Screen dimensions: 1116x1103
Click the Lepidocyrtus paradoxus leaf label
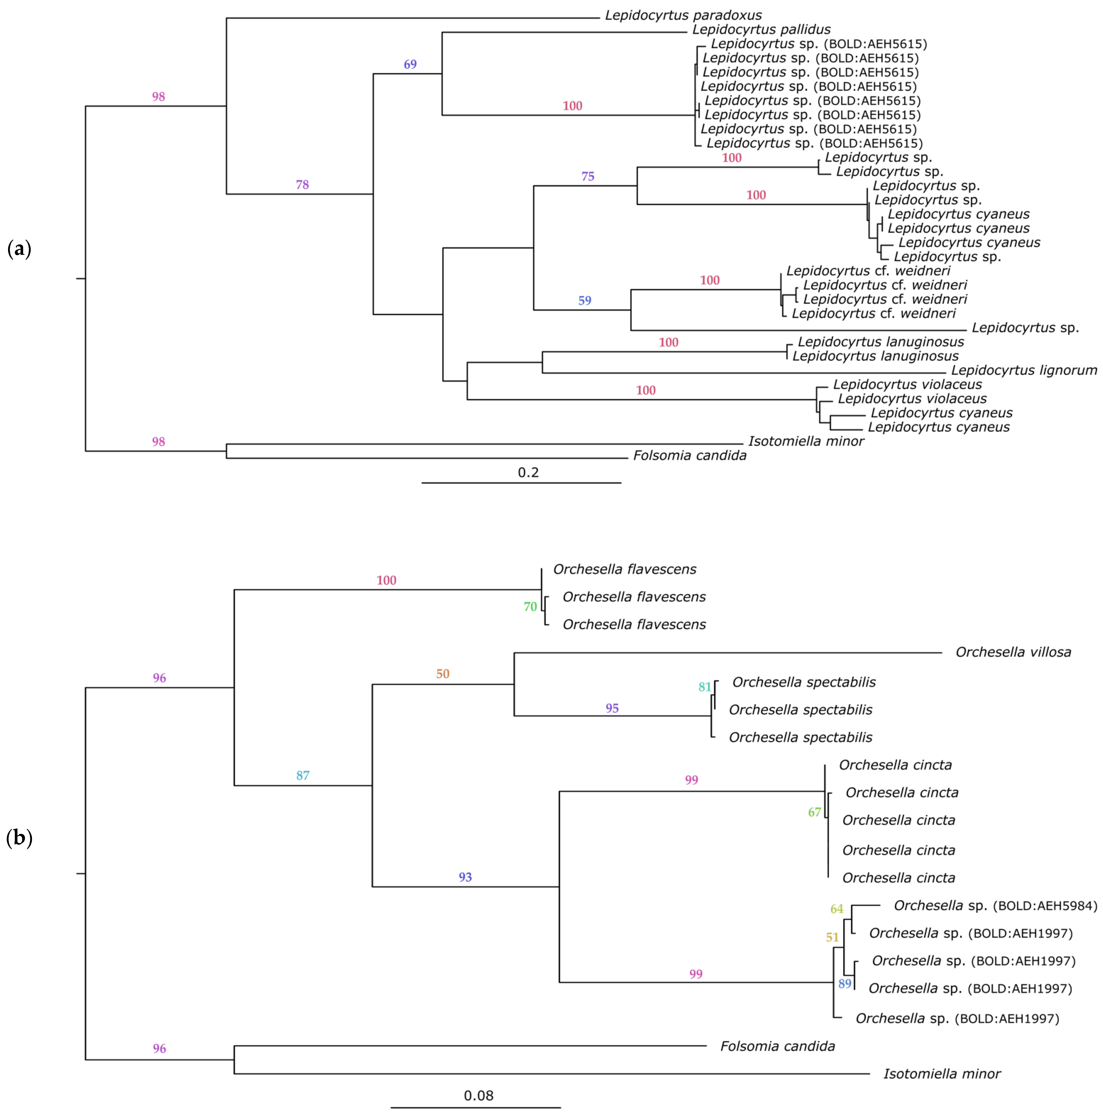(683, 16)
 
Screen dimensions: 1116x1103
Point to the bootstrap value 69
(410, 64)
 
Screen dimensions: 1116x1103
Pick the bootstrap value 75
(588, 176)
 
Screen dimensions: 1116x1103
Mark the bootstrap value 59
(585, 300)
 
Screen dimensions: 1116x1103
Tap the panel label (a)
(19, 249)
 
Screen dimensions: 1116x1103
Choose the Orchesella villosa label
(1013, 652)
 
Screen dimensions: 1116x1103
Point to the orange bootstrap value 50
(443, 673)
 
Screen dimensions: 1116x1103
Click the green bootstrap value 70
(530, 607)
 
